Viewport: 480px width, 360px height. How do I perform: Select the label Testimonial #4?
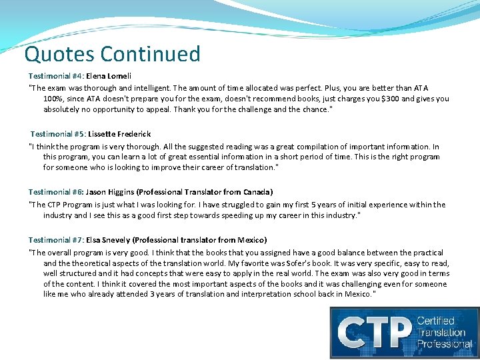click(x=55, y=77)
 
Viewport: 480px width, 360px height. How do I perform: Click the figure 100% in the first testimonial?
click(x=53, y=99)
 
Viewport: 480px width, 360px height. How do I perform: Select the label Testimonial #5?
click(x=57, y=135)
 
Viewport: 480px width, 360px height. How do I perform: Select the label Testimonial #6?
click(x=55, y=193)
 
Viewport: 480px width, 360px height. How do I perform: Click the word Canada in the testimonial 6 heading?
click(x=255, y=193)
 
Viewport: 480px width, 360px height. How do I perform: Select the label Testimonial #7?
click(x=55, y=240)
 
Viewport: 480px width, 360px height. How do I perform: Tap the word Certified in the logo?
click(x=435, y=321)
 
